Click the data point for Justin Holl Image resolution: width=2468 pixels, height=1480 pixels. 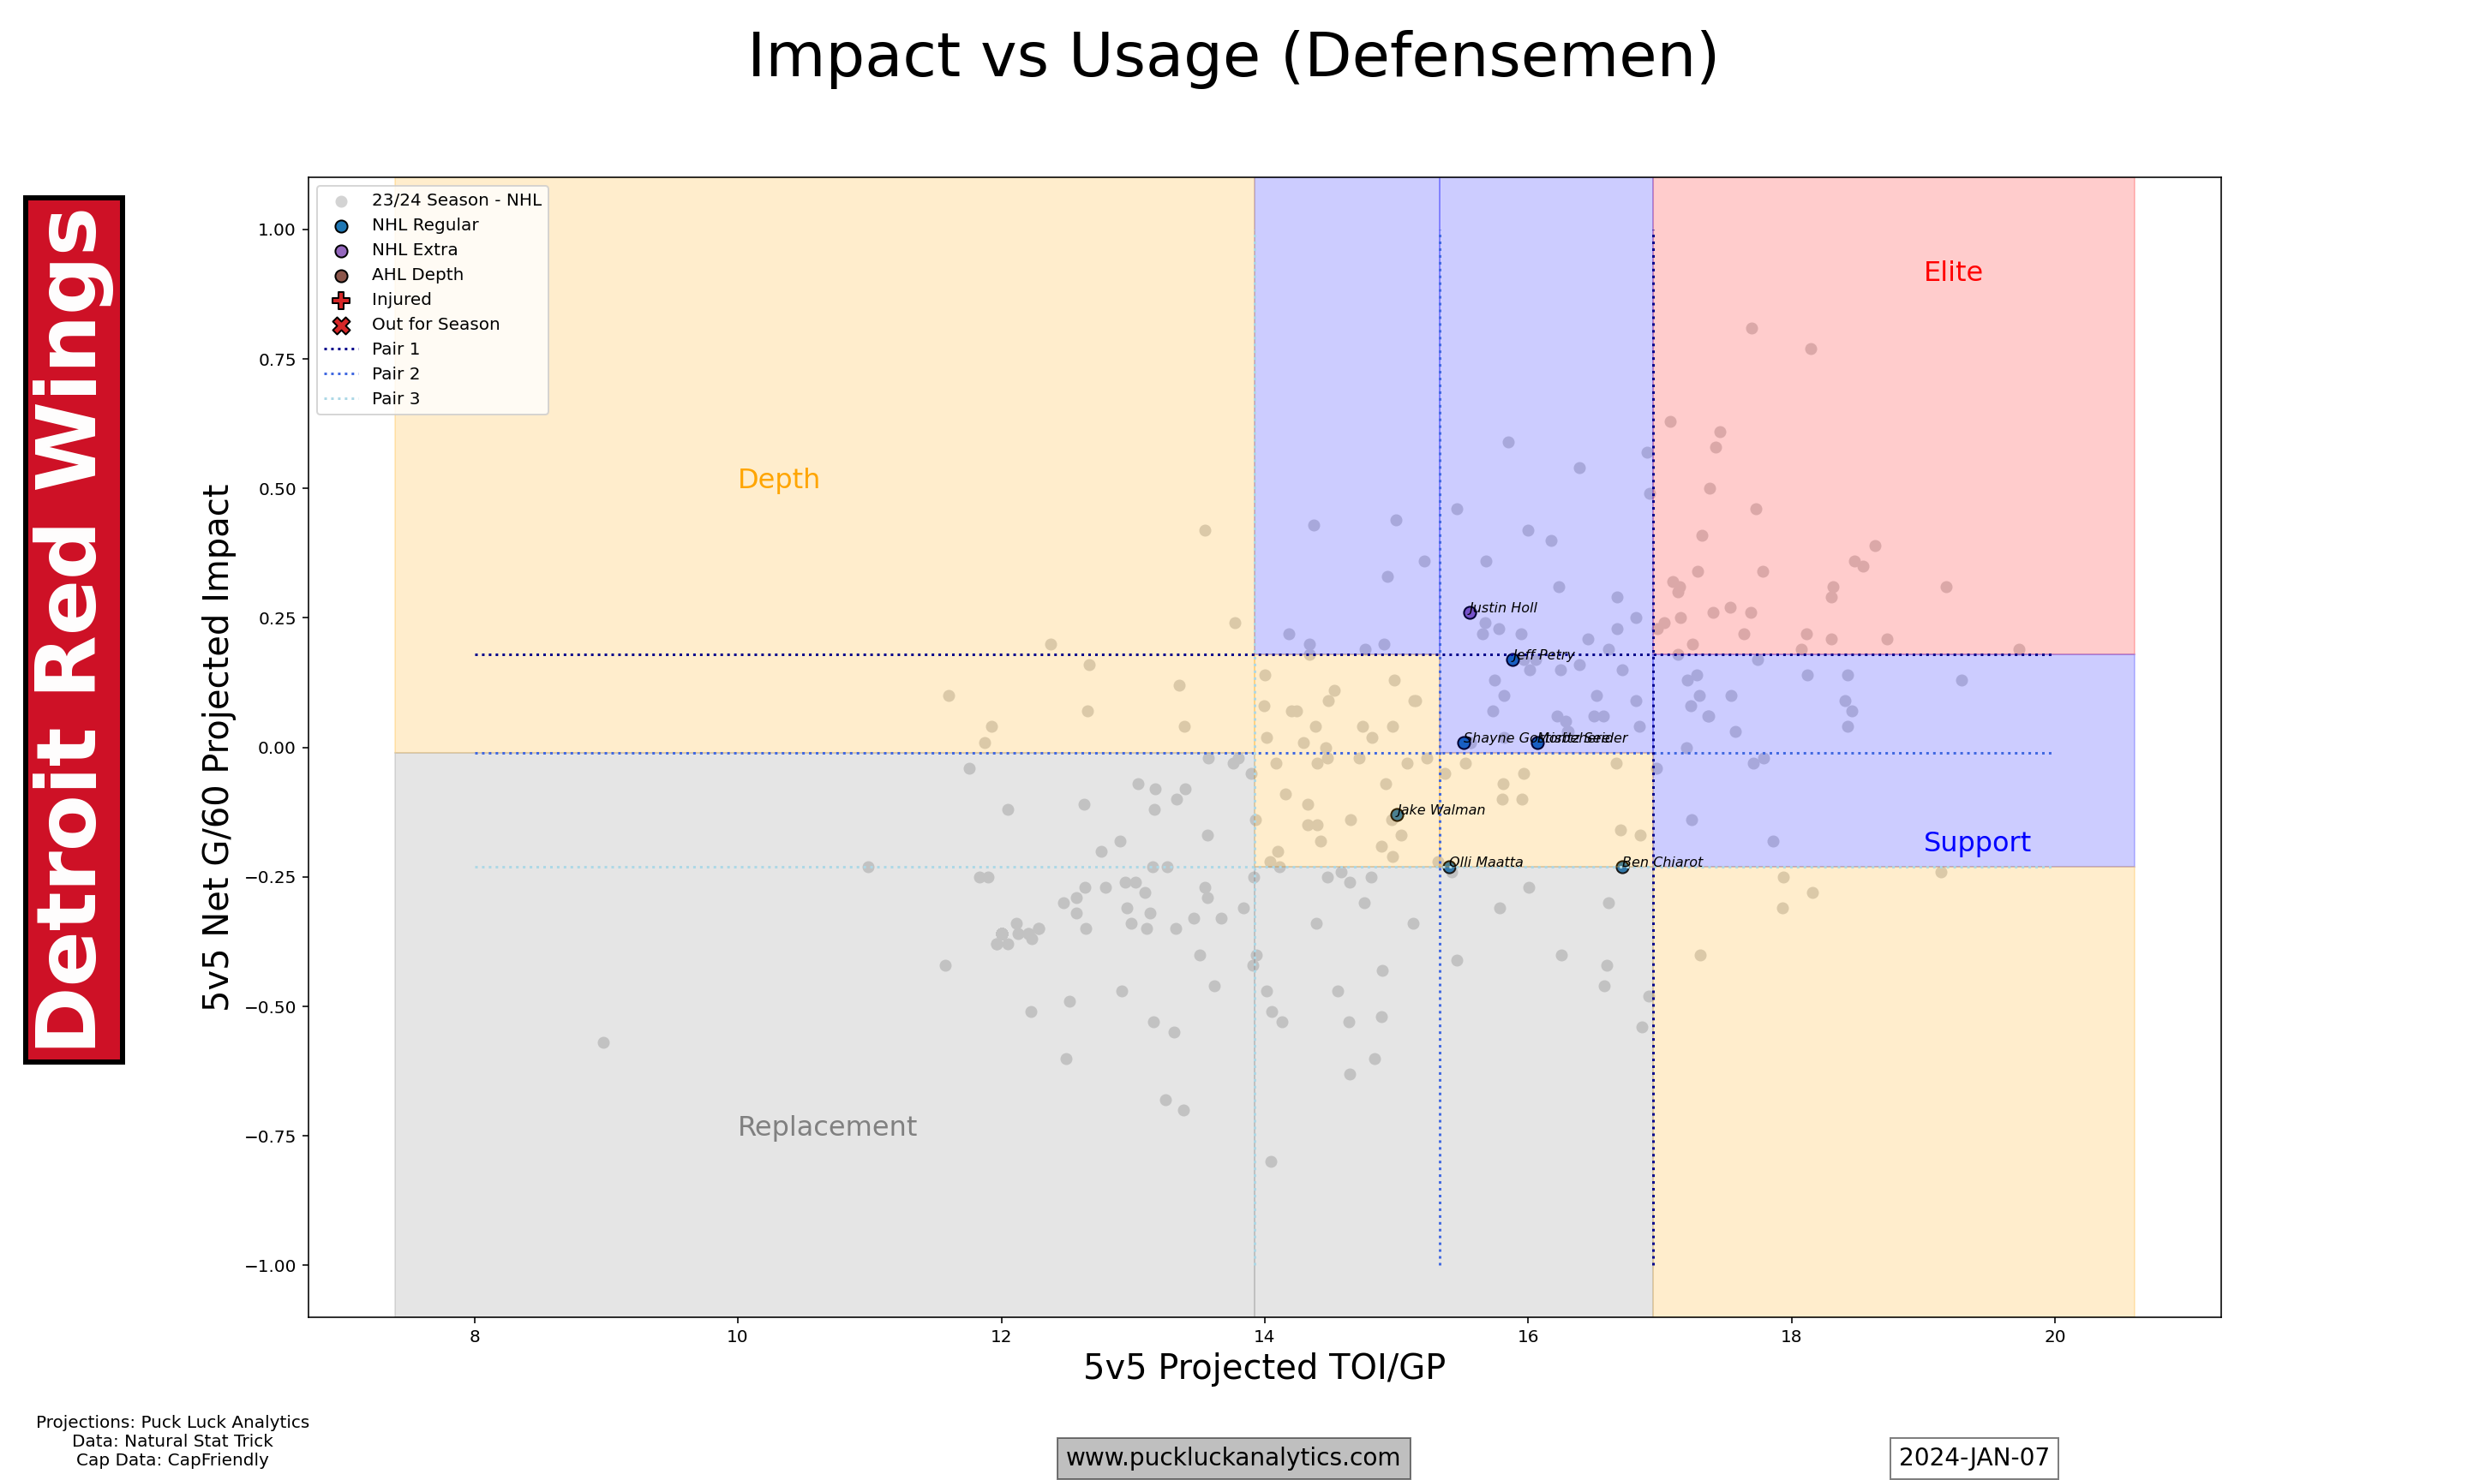pyautogui.click(x=1470, y=612)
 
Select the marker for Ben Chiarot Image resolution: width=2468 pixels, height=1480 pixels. pyautogui.click(x=1622, y=867)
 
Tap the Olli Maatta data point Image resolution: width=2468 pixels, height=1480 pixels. pyautogui.click(x=1449, y=868)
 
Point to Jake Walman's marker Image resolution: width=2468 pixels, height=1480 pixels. pyautogui.click(x=1397, y=815)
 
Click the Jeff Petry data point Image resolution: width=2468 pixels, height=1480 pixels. pyautogui.click(x=1513, y=659)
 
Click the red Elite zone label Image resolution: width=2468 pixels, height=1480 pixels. pyautogui.click(x=1952, y=272)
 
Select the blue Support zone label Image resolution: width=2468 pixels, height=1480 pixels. pyautogui.click(x=1976, y=842)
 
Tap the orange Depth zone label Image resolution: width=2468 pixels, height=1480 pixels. pyautogui.click(x=778, y=479)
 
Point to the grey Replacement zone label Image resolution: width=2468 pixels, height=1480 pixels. pyautogui.click(x=826, y=1126)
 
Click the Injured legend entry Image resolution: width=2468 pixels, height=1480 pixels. pyautogui.click(x=401, y=299)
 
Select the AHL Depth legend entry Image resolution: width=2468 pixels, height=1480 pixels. pyautogui.click(x=417, y=274)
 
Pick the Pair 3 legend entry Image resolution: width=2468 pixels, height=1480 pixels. pyautogui.click(x=395, y=398)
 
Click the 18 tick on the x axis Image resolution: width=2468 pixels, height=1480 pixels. pyautogui.click(x=1791, y=1336)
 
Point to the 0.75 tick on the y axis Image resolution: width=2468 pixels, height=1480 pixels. pyautogui.click(x=278, y=359)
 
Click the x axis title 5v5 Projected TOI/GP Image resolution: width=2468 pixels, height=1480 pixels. pyautogui.click(x=1264, y=1366)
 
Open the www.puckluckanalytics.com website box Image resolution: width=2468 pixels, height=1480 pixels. pyautogui.click(x=1233, y=1457)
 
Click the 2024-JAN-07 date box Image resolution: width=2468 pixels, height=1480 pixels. pyautogui.click(x=1974, y=1457)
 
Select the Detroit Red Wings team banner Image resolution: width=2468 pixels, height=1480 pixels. pyautogui.click(x=74, y=630)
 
